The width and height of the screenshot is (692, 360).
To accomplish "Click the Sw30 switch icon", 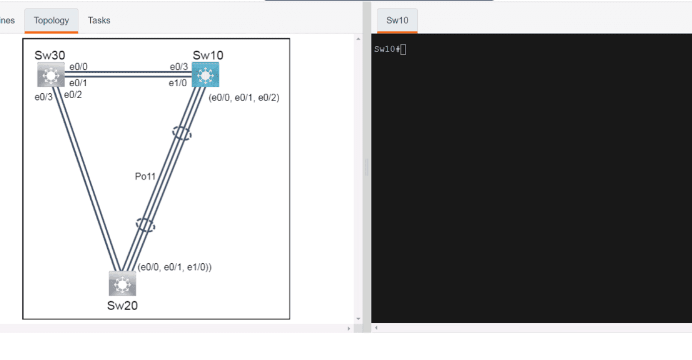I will pos(51,75).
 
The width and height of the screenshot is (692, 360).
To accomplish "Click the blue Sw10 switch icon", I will pos(205,75).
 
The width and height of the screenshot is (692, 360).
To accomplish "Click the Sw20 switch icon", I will pos(122,284).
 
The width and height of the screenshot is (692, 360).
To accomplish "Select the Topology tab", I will pos(51,20).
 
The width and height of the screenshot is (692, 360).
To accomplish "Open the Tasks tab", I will pos(99,20).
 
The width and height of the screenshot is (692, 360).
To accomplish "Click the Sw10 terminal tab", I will pos(397,20).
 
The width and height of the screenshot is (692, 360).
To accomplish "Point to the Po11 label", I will pos(145,176).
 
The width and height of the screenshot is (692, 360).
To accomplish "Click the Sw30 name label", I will pos(50,55).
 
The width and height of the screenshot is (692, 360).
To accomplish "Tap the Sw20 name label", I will pos(122,305).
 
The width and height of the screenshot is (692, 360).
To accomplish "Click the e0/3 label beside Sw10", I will pos(179,67).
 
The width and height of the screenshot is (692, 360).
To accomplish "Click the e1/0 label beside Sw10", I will pos(177,83).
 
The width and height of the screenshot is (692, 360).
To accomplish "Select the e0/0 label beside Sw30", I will pos(78,67).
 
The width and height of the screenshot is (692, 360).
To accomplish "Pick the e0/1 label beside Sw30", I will pos(78,83).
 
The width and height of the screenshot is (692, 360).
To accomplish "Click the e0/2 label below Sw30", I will pos(73,95).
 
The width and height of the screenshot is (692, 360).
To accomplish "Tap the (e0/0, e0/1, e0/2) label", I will pos(244,98).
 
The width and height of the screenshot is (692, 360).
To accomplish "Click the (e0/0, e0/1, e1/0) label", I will pos(174,267).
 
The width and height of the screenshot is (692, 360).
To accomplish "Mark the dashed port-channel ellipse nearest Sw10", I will pos(181,133).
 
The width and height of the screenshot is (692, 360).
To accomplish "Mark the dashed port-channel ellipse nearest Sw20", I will pos(145,225).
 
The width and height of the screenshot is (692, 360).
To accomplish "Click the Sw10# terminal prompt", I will pos(387,49).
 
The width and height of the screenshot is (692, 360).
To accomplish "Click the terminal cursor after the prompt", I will pos(403,49).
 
